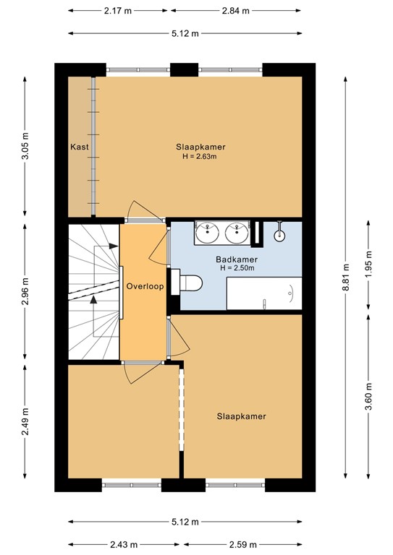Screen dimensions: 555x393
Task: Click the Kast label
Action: (80, 147)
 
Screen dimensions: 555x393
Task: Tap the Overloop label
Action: (145, 286)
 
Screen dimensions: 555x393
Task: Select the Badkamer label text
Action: (237, 259)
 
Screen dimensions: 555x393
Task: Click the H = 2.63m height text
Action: (200, 156)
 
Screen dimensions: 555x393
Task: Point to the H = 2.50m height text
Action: (237, 268)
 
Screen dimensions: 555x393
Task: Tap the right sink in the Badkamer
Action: (237, 233)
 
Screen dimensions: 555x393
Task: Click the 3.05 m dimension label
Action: (25, 146)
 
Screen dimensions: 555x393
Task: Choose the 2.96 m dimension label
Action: (25, 291)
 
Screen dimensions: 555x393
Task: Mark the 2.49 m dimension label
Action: (25, 422)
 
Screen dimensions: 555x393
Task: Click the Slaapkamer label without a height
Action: (241, 416)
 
